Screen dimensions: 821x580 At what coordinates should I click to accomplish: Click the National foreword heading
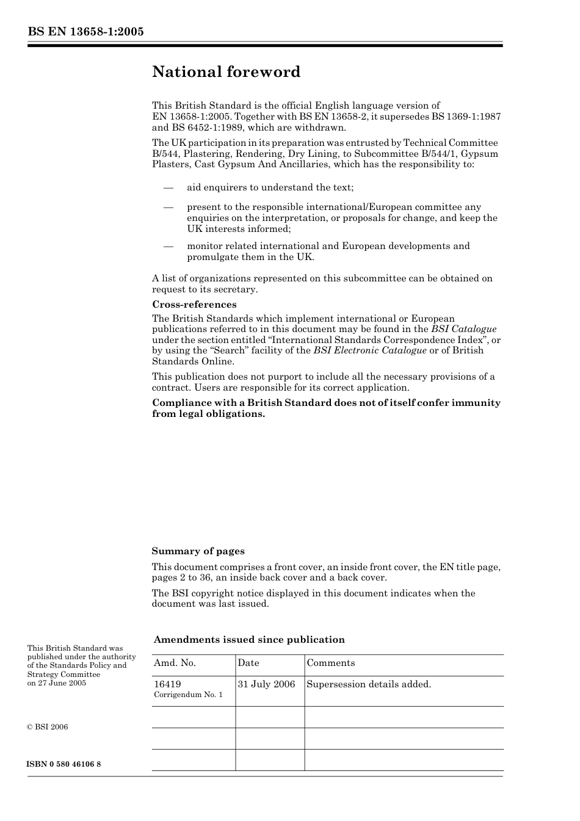tap(226, 72)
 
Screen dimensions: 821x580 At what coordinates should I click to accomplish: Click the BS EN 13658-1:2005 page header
tap(85, 32)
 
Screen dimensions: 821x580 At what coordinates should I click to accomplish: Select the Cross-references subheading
tap(194, 305)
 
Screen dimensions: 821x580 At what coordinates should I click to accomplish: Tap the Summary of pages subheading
tap(198, 551)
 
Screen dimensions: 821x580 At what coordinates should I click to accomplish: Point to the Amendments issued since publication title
tap(249, 640)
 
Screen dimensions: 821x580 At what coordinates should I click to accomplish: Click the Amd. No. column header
tap(175, 663)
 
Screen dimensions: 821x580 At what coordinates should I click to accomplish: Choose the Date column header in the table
tap(248, 663)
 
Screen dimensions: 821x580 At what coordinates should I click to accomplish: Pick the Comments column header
tap(331, 663)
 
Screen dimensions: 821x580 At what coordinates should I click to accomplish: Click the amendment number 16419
tap(167, 684)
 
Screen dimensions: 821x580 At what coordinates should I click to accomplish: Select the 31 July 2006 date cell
tap(266, 684)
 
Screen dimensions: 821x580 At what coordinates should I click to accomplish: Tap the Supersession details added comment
tap(369, 684)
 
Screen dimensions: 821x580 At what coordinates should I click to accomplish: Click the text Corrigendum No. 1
tap(188, 695)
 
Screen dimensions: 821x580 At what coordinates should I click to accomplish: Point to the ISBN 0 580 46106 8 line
tap(64, 764)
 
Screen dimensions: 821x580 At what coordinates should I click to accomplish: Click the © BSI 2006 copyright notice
tap(48, 727)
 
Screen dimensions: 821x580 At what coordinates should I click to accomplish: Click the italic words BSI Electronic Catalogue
tap(370, 350)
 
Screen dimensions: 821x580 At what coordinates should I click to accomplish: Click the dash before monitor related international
tap(169, 246)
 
